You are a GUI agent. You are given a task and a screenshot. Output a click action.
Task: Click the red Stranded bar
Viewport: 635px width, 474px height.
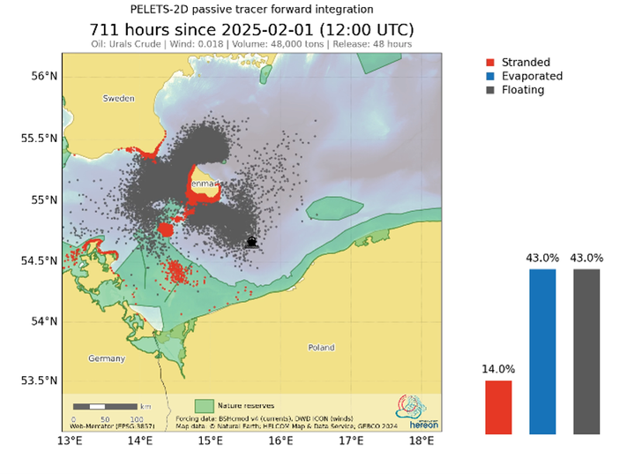[498, 407]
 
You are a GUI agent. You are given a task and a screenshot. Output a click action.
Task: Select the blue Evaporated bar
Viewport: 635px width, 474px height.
[542, 351]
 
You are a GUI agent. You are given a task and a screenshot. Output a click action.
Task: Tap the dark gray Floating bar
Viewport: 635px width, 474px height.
[586, 351]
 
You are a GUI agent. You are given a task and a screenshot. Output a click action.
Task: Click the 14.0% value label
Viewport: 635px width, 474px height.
[498, 369]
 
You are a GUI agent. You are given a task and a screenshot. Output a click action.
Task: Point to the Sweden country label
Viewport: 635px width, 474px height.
[118, 99]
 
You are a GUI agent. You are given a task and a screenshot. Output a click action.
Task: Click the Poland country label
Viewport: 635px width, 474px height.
[321, 348]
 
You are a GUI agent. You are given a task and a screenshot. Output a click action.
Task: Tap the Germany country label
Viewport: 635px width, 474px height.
[107, 358]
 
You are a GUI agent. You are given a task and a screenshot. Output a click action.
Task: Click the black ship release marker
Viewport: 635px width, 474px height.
[251, 242]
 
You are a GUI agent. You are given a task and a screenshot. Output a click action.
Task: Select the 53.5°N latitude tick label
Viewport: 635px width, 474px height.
[40, 381]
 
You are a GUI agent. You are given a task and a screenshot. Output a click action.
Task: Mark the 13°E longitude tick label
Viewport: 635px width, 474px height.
[70, 440]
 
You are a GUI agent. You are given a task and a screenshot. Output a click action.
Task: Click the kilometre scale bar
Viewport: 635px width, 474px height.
[105, 407]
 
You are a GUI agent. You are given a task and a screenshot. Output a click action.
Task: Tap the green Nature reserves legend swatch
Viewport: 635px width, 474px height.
[205, 404]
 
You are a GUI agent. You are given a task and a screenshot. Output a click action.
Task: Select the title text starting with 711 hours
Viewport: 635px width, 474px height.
[251, 29]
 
